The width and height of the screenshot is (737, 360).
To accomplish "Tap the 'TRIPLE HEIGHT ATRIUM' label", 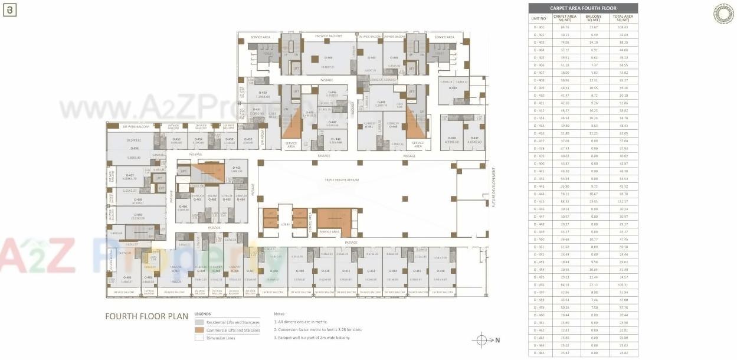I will (x=341, y=179).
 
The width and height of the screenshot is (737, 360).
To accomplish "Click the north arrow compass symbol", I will (x=481, y=340).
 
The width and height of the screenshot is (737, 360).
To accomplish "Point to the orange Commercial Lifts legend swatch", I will (x=199, y=330).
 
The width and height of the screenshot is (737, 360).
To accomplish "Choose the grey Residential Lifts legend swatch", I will (x=199, y=322).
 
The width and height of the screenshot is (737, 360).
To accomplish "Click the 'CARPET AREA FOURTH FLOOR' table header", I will (x=582, y=8).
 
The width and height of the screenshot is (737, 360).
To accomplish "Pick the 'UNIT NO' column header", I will (x=539, y=18).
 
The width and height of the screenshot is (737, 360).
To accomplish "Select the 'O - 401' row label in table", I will (x=539, y=27).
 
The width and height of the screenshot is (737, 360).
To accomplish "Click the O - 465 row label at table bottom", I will (x=539, y=353).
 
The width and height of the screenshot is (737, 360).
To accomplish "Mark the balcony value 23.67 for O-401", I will (x=594, y=27).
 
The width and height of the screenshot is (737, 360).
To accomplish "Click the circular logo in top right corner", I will (x=723, y=14).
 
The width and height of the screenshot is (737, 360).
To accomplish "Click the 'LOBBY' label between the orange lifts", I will (x=285, y=224).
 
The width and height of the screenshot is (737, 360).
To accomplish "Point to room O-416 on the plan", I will (x=441, y=271).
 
